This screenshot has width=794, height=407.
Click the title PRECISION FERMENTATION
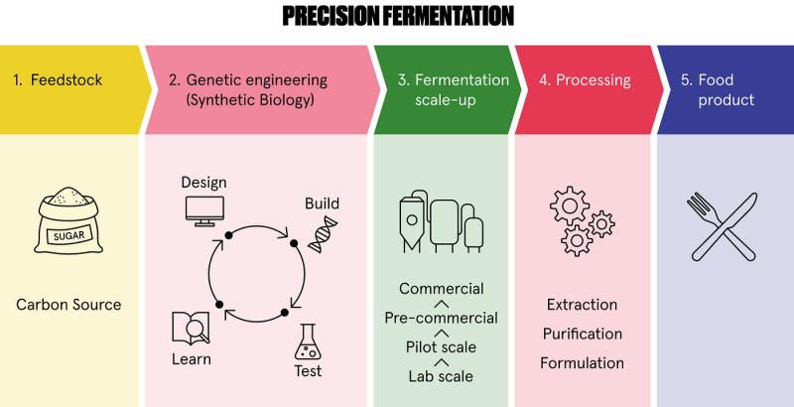point(398,16)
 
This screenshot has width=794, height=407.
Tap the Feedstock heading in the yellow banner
point(58,80)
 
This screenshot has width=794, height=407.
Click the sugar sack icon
point(68,220)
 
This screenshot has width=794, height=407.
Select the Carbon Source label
point(68,304)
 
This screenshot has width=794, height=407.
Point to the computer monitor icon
point(204,210)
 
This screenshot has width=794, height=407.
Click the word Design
point(203,183)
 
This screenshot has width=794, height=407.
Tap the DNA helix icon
point(323,234)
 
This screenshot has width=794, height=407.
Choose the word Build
point(322,203)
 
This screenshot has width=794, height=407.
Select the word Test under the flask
point(308,371)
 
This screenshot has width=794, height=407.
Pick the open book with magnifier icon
point(191,328)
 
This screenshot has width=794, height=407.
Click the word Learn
point(192,359)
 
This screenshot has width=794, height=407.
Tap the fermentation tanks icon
point(441,221)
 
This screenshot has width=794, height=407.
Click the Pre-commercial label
point(441,318)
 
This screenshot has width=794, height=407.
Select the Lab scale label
point(441,376)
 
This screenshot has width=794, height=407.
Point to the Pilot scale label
point(441,347)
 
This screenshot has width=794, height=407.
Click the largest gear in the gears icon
point(570,205)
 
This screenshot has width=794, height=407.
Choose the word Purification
point(583,334)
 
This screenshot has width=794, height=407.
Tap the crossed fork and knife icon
point(723,226)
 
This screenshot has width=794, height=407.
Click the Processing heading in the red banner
point(585,80)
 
